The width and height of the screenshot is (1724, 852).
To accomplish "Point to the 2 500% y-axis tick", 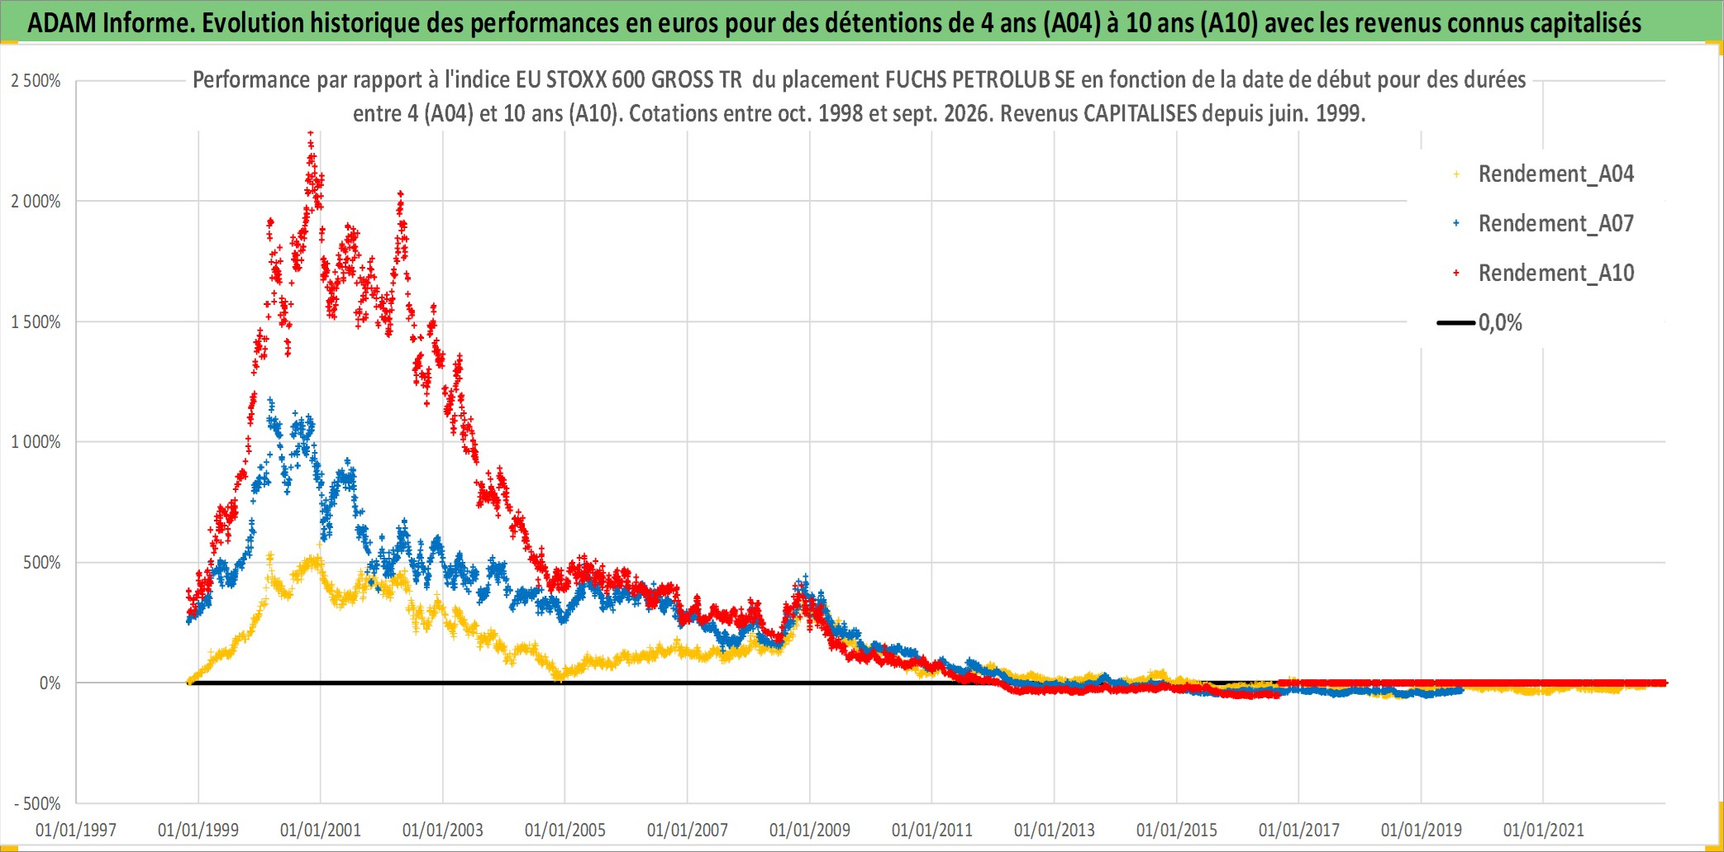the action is [x=36, y=81].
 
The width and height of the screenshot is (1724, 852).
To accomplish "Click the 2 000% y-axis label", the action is [x=36, y=202].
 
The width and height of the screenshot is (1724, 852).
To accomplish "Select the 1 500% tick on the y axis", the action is [x=36, y=322].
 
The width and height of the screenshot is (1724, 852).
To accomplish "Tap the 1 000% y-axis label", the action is [x=36, y=442].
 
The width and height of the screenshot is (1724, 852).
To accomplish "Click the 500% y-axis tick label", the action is [x=41, y=563].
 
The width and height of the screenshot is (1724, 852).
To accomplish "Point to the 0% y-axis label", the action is [x=50, y=683].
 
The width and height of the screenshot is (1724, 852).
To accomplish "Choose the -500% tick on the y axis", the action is [x=37, y=803].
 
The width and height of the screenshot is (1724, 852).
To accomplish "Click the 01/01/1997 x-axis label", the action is [x=76, y=830].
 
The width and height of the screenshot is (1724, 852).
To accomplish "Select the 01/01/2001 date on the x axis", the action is [x=321, y=830].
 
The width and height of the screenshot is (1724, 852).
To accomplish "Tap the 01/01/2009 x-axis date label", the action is [x=810, y=830].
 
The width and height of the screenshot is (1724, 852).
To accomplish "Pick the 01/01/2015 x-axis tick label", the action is [x=1177, y=830].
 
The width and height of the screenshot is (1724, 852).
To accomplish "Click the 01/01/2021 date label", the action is [x=1544, y=830].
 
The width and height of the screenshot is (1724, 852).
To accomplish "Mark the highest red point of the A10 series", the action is [x=310, y=132].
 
